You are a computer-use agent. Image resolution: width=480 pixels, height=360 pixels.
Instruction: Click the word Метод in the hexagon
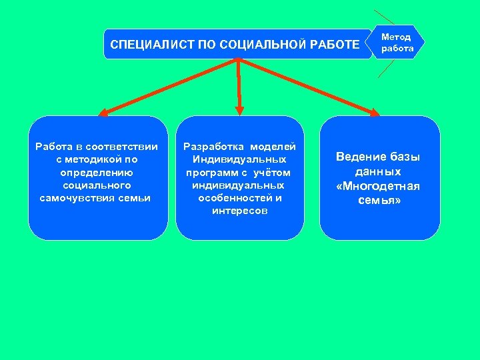pos(396,37)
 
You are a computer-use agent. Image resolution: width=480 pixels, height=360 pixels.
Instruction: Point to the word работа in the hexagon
pos(397,48)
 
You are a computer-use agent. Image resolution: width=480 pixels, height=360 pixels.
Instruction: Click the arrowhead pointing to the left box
pos(103,113)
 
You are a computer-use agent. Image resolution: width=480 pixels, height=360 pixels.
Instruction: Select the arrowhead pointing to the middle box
pos(240,111)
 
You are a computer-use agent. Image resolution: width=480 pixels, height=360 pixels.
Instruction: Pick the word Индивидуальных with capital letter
pos(239,159)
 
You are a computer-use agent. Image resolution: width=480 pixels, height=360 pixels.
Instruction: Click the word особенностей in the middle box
pos(239,198)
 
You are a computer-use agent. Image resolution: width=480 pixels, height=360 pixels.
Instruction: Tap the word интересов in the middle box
pos(239,211)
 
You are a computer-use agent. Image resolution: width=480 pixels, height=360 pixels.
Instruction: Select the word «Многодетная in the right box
pos(379,186)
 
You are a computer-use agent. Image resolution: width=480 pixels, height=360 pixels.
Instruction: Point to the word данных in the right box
pos(379,171)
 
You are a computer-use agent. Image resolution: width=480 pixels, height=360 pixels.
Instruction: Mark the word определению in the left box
pos(96,172)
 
